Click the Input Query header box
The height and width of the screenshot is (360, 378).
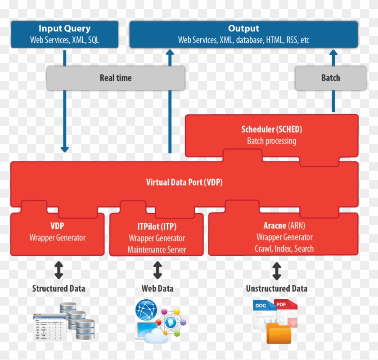click(64, 34)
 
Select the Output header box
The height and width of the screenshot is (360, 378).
click(243, 34)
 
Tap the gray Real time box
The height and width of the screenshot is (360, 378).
click(116, 78)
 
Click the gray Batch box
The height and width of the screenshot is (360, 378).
click(330, 78)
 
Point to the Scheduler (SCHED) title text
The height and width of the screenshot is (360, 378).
click(271, 129)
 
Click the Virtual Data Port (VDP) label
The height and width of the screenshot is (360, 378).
click(184, 182)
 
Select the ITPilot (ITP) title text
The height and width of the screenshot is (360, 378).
click(157, 227)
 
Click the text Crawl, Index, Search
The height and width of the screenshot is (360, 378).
click(284, 249)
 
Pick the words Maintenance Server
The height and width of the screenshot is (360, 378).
click(157, 249)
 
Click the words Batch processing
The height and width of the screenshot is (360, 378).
click(271, 141)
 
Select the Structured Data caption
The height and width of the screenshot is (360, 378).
click(58, 289)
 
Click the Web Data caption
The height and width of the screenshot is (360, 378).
click(157, 289)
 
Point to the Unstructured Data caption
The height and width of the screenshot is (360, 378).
click(276, 289)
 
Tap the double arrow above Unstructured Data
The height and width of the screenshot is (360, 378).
click(276, 271)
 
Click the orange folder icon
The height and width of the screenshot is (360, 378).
click(279, 333)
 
